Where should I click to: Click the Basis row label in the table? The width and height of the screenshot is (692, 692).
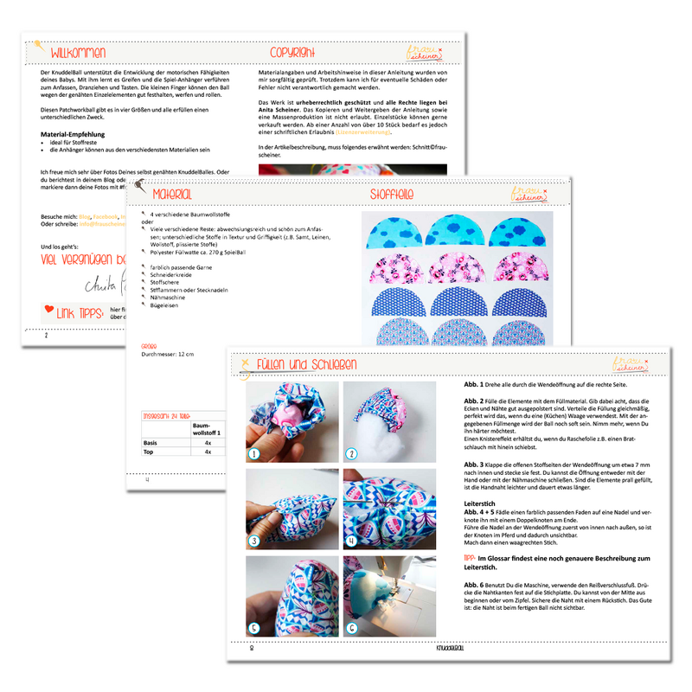coord(150,441)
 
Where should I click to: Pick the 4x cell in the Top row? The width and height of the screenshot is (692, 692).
coord(207,452)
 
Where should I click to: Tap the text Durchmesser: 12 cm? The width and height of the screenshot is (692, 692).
coord(168,355)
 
